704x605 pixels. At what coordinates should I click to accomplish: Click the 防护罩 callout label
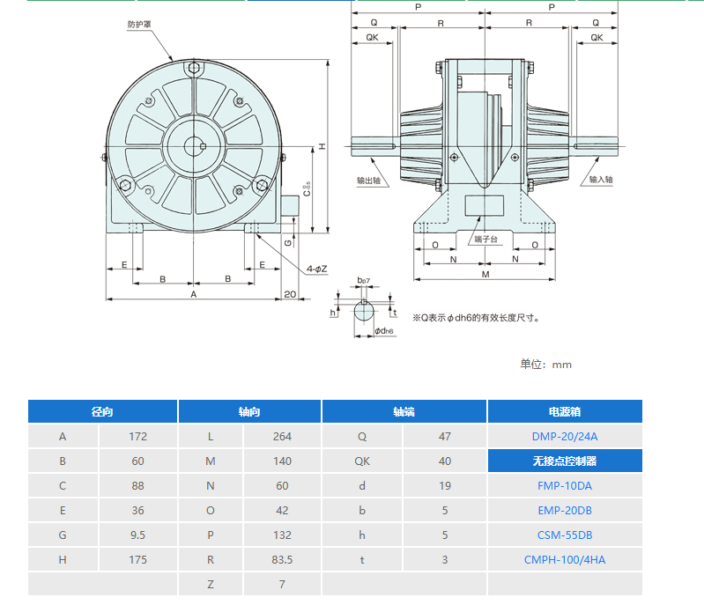tap(139, 25)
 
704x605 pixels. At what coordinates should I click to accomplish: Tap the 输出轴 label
tap(368, 181)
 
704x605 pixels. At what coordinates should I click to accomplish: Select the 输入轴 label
tap(601, 180)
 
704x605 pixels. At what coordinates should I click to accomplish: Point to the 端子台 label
tap(485, 240)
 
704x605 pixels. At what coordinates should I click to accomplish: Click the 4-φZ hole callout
tap(316, 269)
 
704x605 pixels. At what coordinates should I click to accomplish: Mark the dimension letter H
tap(322, 146)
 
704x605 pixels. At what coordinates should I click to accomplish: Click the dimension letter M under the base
tap(485, 274)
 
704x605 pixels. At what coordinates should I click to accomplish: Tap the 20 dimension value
tap(290, 294)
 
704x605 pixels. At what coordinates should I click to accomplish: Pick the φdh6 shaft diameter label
tap(384, 331)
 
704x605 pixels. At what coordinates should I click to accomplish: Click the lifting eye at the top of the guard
tap(194, 68)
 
